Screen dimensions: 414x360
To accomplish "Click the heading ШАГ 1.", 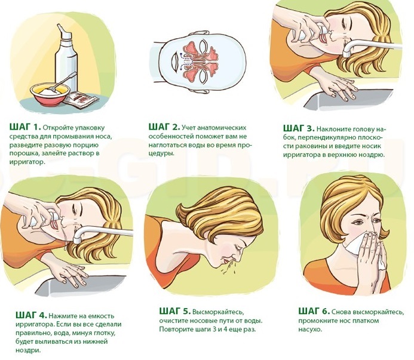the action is click(25, 127).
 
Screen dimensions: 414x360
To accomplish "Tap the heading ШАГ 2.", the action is click(164, 127).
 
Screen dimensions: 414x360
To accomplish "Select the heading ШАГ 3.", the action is click(299, 128).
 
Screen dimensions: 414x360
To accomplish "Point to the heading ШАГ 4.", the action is click(32, 315).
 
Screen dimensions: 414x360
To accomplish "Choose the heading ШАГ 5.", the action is click(175, 311).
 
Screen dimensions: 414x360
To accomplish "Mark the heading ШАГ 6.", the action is click(314, 311).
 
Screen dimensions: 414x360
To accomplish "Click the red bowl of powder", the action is click(50, 94).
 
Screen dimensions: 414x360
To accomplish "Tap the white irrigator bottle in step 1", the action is click(66, 58).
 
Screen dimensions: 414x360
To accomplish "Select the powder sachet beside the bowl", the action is click(81, 100).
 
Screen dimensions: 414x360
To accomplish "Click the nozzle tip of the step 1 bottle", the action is click(59, 26).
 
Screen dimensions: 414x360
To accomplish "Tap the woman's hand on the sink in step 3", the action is click(335, 87).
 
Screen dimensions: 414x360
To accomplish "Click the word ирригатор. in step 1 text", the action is click(26, 162).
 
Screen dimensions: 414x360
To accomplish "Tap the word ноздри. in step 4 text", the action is click(29, 350).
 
